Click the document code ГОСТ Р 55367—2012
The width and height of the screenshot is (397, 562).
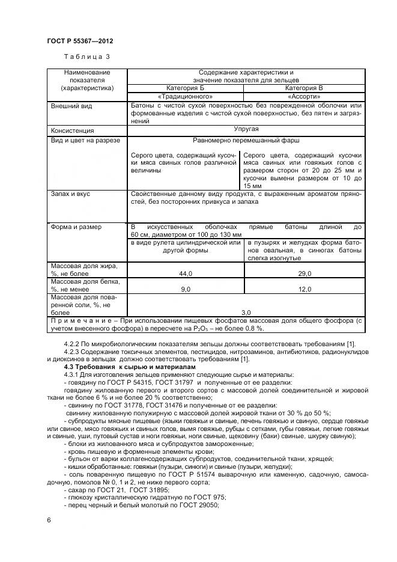80,41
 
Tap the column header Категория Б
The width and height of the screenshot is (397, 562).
185,88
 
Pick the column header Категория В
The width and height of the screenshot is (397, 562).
303,88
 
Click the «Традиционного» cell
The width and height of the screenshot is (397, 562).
185,96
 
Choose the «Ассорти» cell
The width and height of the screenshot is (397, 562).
303,96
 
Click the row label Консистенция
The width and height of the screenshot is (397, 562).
73,130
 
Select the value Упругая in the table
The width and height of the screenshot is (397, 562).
246,129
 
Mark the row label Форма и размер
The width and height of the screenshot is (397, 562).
76,227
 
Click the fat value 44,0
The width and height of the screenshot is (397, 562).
185,273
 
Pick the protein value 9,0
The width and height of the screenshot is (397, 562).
185,290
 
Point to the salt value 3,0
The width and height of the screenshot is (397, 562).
246,313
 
